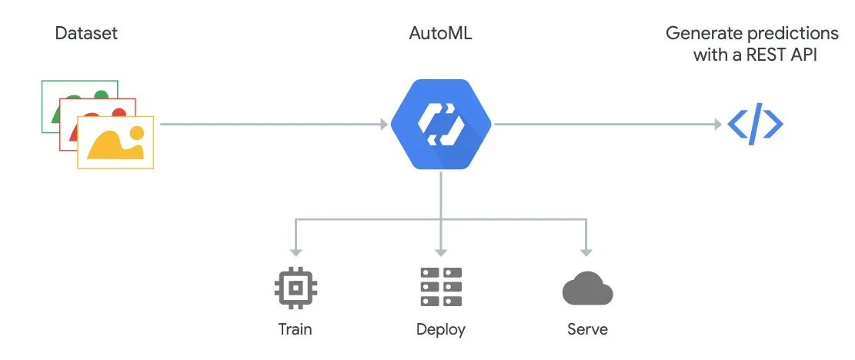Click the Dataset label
pos(87,33)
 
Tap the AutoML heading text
pos(440,33)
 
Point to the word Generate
pos(699,34)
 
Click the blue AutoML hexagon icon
pos(441,124)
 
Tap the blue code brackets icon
pos(755,125)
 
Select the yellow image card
pos(115,142)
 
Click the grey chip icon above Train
pos(296,288)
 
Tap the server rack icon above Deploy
pos(441,288)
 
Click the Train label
pos(296,329)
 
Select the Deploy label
pos(441,330)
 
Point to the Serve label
pos(587,329)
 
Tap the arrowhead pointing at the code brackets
pos(716,124)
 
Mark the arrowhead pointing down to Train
pos(296,252)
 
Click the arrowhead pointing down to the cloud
pos(586,252)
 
